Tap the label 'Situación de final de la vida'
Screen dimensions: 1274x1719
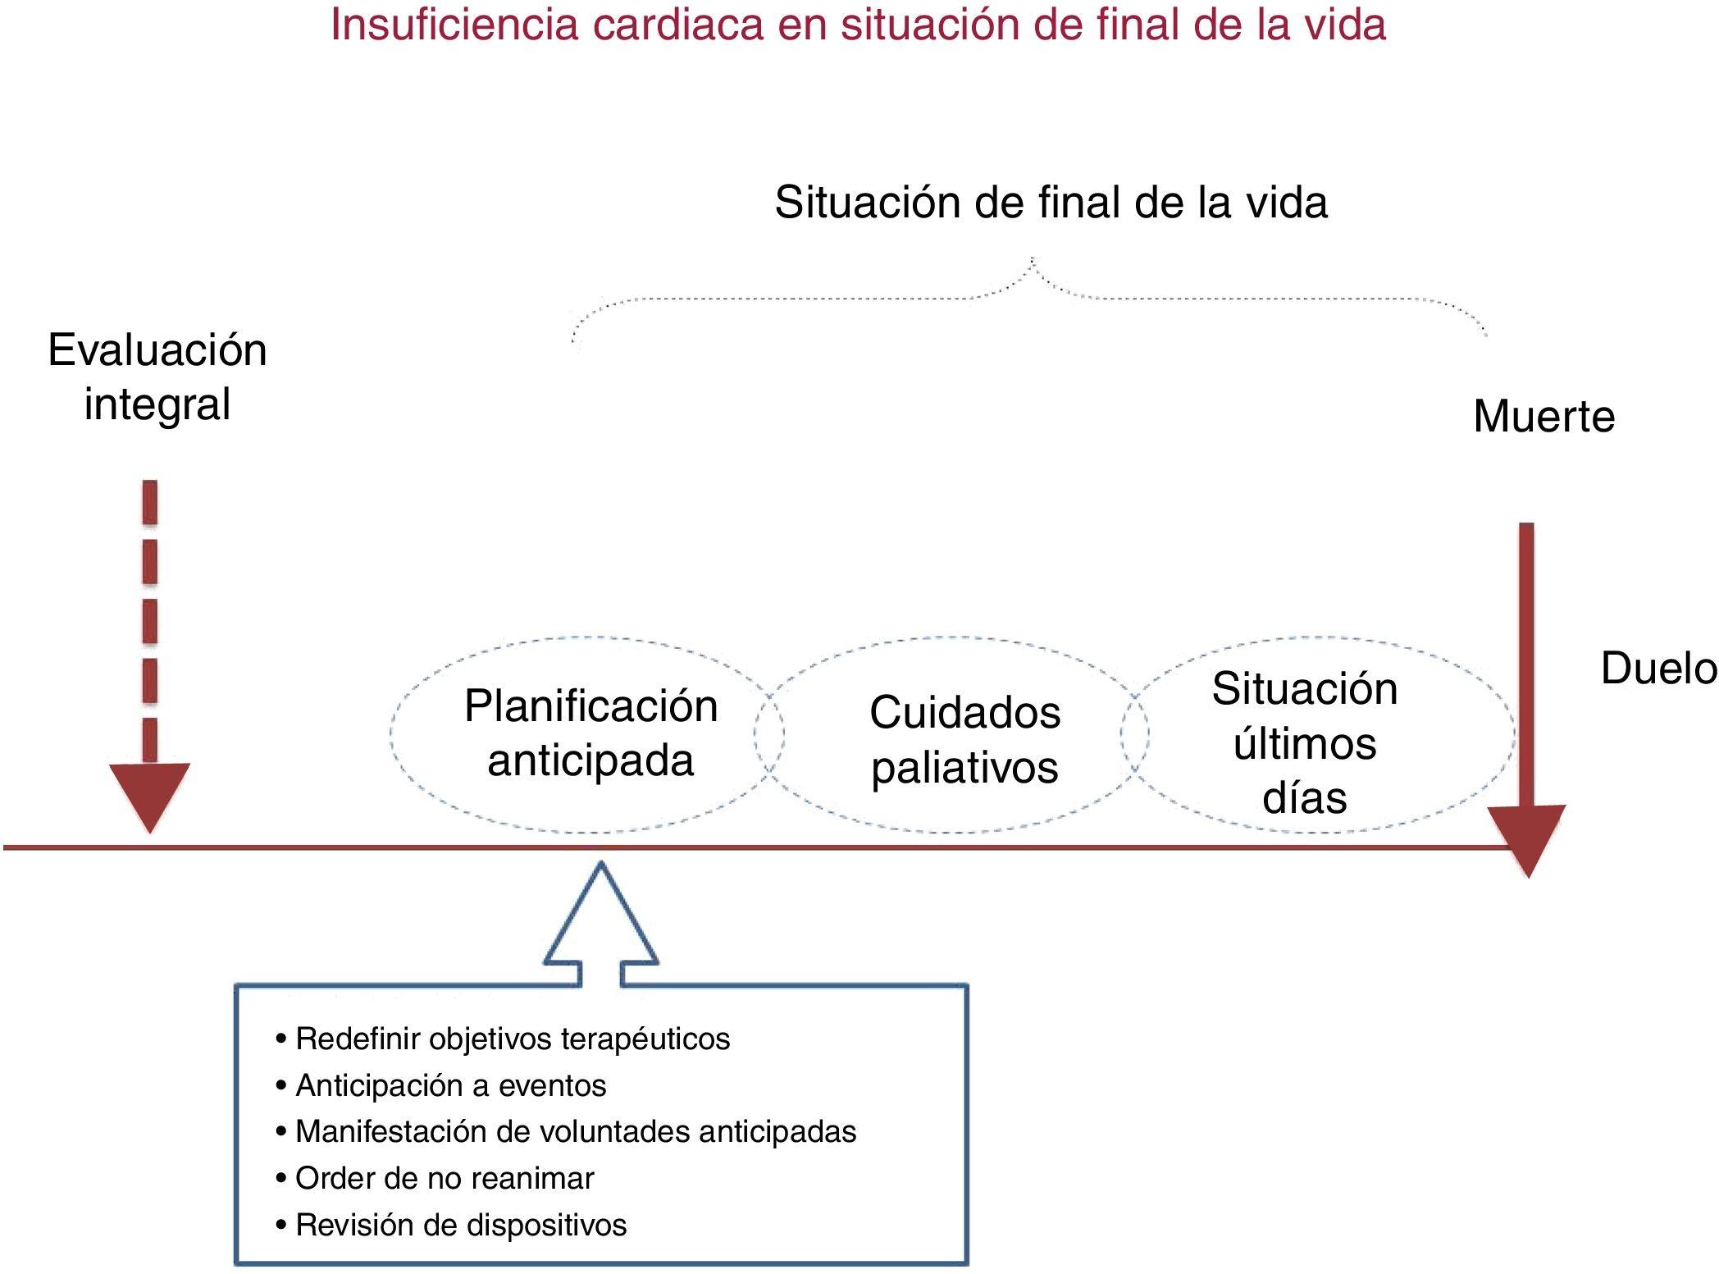pyautogui.click(x=1051, y=202)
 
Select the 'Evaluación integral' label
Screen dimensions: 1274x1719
pyautogui.click(x=157, y=377)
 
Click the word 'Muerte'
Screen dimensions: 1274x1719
pyautogui.click(x=1543, y=416)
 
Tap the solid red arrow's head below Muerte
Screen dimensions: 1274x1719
pyautogui.click(x=1526, y=837)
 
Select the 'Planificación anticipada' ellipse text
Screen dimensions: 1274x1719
pyautogui.click(x=590, y=733)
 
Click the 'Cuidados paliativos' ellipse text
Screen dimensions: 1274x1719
pyautogui.click(x=964, y=739)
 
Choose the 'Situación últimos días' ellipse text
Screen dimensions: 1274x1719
pyautogui.click(x=1304, y=742)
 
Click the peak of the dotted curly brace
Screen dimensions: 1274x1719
pyautogui.click(x=1033, y=261)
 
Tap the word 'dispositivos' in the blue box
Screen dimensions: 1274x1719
pyautogui.click(x=547, y=1225)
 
